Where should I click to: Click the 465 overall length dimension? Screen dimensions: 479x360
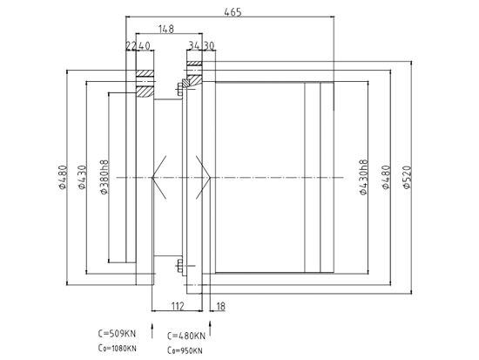233,12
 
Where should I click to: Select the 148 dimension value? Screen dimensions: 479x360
166,29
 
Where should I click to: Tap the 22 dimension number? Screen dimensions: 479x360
131,46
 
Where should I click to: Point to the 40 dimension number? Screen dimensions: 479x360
145,46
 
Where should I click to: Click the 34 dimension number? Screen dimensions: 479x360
194,46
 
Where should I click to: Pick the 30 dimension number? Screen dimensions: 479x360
209,46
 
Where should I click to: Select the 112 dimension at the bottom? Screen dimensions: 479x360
178,306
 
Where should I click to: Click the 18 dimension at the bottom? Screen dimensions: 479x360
220,306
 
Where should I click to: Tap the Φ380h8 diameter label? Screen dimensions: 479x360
105,177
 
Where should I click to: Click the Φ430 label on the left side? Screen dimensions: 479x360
82,177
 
